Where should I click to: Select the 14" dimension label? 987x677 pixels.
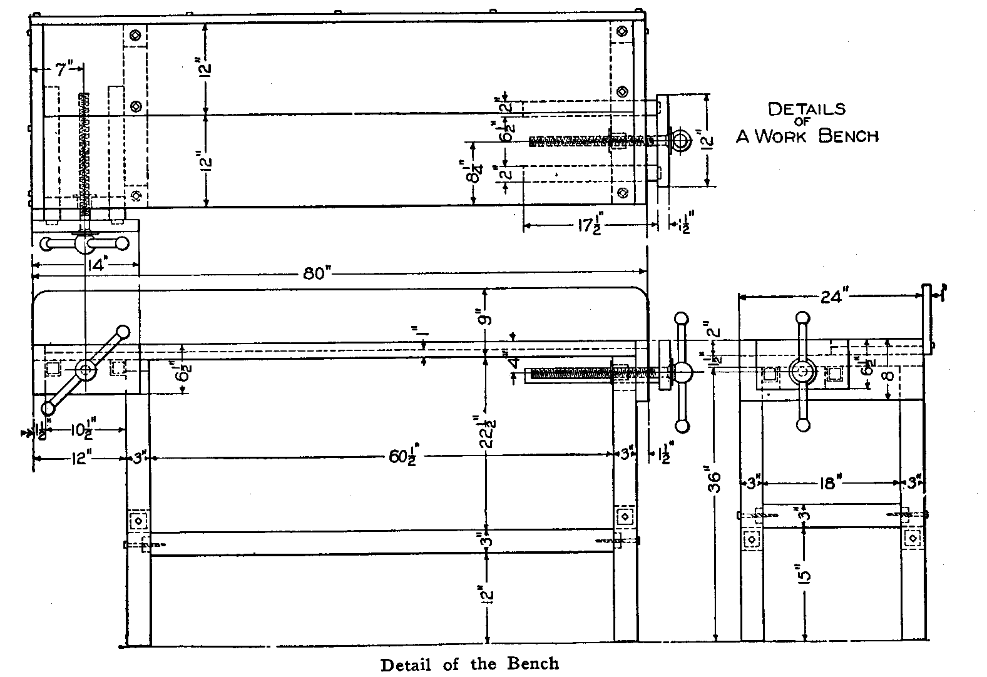tap(96, 265)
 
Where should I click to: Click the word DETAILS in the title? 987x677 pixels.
tap(806, 109)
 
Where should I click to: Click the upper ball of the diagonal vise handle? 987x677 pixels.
tap(123, 332)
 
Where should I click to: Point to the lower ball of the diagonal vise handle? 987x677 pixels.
tap(48, 409)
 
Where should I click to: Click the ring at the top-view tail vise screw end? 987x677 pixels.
tap(680, 140)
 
